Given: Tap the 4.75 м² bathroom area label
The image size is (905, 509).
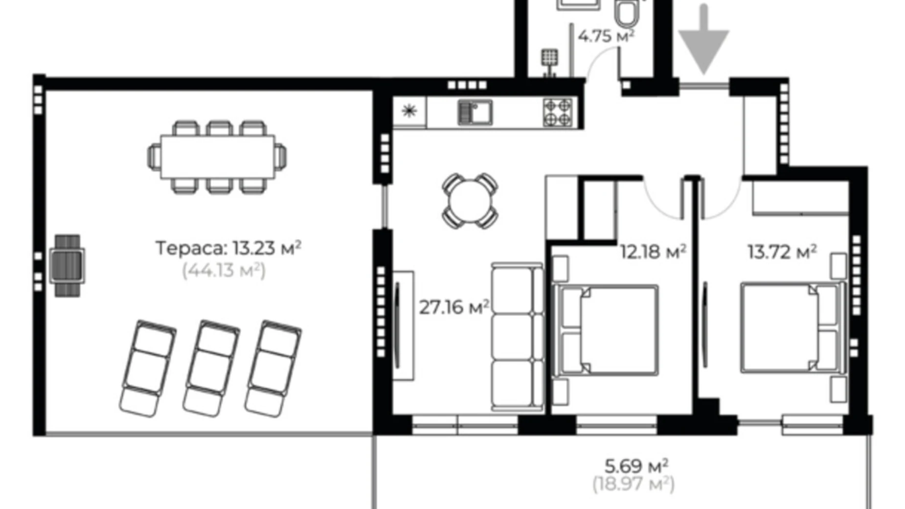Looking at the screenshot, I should [x=606, y=36].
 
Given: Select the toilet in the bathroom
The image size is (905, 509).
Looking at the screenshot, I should [x=627, y=13].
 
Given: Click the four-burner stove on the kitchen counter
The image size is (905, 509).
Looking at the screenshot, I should [x=558, y=113].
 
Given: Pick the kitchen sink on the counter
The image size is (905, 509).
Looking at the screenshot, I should [x=475, y=113].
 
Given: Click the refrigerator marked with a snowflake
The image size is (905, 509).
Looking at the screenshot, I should [x=409, y=112].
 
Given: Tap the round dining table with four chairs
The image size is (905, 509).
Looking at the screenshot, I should [x=470, y=201].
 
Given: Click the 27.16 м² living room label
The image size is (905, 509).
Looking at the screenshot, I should [x=453, y=307].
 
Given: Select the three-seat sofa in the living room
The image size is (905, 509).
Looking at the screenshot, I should [x=517, y=337].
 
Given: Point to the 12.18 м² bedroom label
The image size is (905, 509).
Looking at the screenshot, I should [x=653, y=252].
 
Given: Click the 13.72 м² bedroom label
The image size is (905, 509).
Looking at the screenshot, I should [x=781, y=252].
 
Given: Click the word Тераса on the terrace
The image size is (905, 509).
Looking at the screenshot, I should [x=191, y=248].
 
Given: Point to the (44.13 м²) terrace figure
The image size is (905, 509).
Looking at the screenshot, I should [x=224, y=270].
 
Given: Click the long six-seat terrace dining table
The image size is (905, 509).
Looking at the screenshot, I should [x=217, y=157].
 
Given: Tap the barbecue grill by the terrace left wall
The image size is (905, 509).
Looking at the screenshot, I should [x=67, y=265].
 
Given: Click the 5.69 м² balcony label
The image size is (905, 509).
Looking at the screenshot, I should [x=636, y=466].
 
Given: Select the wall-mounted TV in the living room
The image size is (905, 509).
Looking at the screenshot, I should [x=398, y=325].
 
